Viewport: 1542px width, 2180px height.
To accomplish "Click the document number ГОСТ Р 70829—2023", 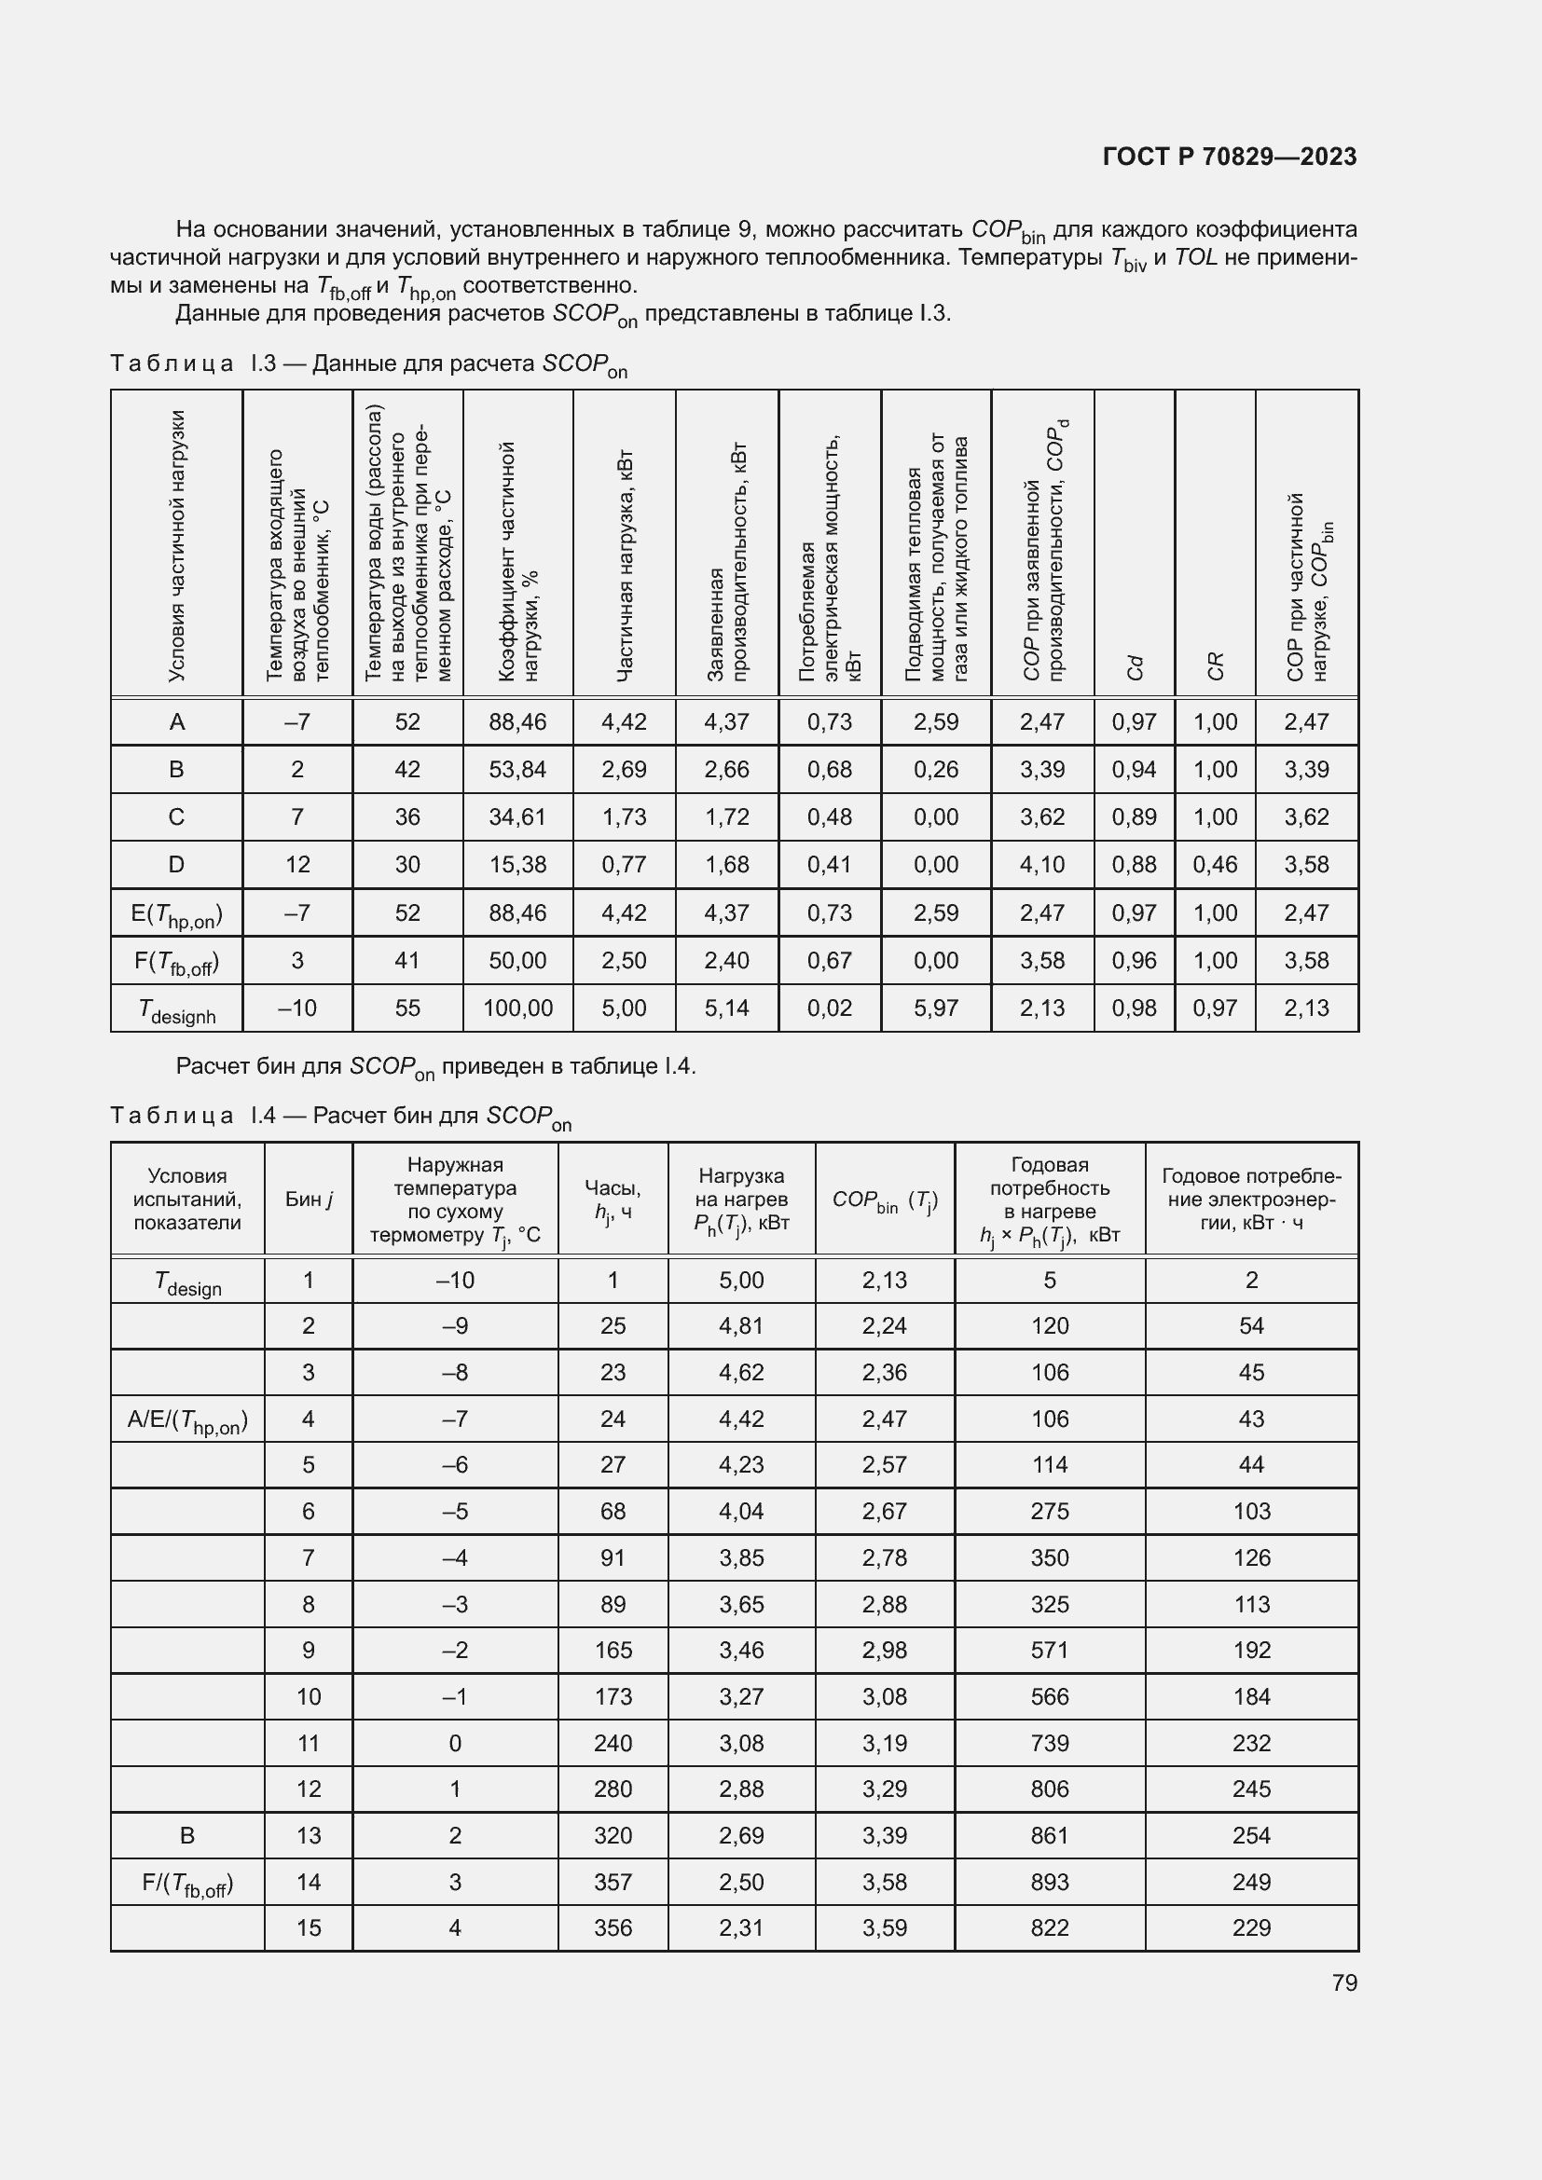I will pos(1229,157).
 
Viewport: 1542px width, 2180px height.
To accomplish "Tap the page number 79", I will pos(1343,1982).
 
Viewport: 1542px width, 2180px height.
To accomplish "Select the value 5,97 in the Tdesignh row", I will pos(935,1008).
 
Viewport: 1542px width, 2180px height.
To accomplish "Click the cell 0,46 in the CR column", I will pos(1215,864).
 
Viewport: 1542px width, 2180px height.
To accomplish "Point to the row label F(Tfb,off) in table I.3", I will pos(176,962).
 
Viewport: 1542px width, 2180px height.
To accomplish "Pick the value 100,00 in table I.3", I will pos(517,1008).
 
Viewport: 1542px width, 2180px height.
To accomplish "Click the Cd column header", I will pos(1134,667).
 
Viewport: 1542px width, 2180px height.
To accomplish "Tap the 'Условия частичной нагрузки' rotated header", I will pos(176,546).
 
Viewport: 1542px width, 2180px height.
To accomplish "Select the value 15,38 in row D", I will pos(517,864).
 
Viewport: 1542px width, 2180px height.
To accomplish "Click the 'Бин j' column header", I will pos(309,1200).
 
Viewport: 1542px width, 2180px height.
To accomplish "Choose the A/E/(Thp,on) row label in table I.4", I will pos(187,1420).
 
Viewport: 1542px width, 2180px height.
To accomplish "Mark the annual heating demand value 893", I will pos(1049,1882).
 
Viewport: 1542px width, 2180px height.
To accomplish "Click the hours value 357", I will pos(613,1882).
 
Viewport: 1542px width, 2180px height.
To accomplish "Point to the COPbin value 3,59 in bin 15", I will pos(884,1927).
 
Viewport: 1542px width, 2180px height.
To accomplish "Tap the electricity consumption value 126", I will pos(1250,1557).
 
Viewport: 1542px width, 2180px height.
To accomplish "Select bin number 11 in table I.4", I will pos(309,1743).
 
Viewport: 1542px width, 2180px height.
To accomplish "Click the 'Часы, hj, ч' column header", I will pos(613,1200).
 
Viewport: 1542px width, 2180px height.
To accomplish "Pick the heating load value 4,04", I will pos(740,1511).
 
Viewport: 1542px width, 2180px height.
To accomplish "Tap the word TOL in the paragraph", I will pos(1195,257).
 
